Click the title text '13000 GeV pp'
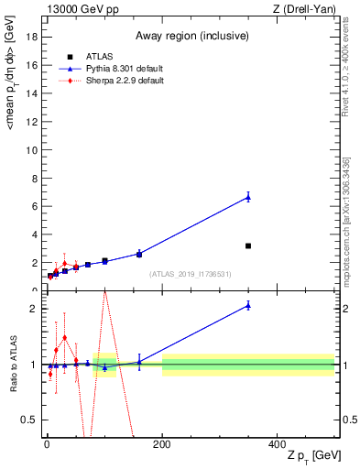(x=77, y=9)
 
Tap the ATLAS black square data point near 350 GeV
(x=248, y=245)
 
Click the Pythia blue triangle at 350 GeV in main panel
(x=248, y=196)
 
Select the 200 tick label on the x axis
(x=162, y=444)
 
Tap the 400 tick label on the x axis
(x=277, y=444)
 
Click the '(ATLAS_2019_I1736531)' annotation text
(x=191, y=274)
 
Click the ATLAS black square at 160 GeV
(x=139, y=254)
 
